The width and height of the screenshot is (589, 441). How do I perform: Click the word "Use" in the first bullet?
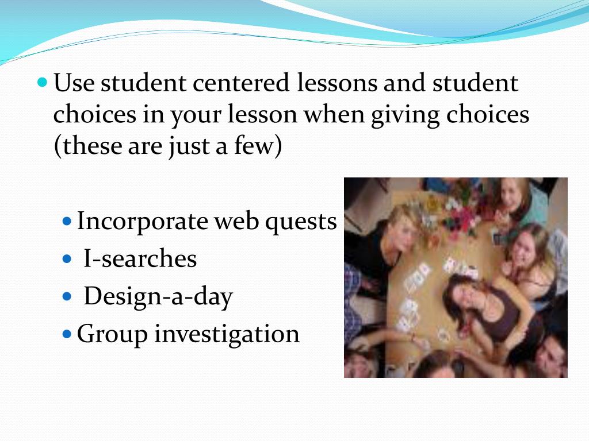(x=74, y=84)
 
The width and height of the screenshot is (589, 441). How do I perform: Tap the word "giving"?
(x=405, y=115)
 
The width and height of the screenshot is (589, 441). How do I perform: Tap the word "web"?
(x=236, y=222)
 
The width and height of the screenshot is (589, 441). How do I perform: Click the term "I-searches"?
(x=140, y=259)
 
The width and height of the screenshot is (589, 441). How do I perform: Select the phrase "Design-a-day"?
(x=158, y=297)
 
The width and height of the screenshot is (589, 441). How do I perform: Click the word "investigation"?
(x=227, y=334)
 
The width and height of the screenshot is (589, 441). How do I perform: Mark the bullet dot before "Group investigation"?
(x=67, y=334)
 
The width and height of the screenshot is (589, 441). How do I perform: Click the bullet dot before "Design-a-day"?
(x=67, y=296)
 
